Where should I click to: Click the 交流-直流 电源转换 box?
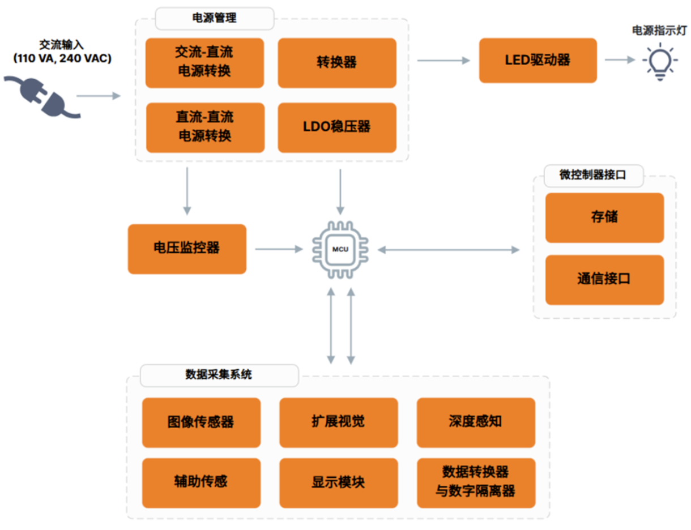tap(204, 63)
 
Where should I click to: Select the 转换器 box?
tap(336, 63)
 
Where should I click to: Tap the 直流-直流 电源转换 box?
tap(205, 127)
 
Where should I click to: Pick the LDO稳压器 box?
tap(336, 127)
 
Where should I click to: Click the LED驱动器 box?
tap(538, 61)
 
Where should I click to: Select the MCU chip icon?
tap(340, 249)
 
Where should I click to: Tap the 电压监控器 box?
tap(187, 249)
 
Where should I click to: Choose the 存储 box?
tap(604, 217)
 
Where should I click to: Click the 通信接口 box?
tap(604, 280)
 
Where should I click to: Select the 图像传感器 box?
tap(201, 422)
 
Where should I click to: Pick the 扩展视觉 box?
tap(339, 422)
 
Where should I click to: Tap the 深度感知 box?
tap(476, 422)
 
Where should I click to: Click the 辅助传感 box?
tap(201, 482)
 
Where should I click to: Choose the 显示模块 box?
tap(339, 482)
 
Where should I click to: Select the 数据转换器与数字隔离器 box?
tap(476, 482)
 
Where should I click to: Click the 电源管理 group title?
tap(215, 18)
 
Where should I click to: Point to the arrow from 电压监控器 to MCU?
tap(278, 249)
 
